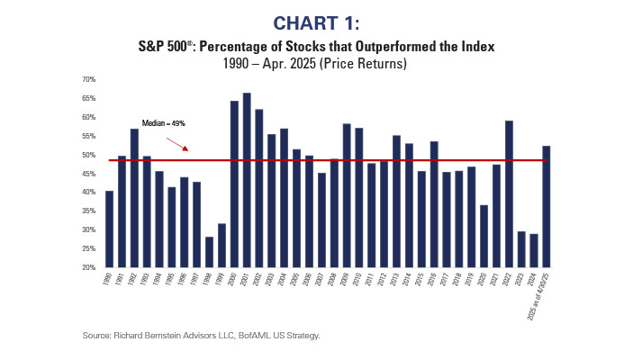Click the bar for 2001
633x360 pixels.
247,180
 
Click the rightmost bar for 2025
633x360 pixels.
547,206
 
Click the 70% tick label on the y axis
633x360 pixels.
88,79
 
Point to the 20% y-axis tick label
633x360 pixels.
88,267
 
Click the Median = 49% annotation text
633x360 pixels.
163,123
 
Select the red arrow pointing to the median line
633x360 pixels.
176,141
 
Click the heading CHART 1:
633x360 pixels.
316,21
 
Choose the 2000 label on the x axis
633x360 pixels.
232,280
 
